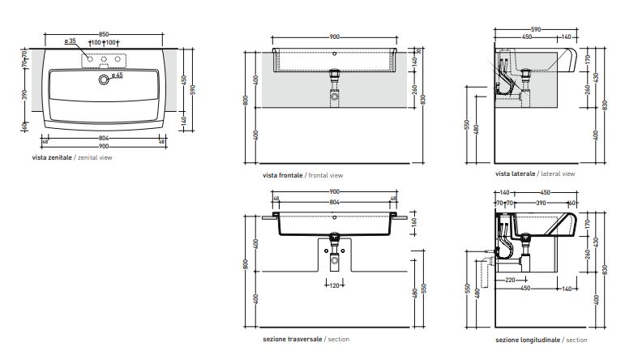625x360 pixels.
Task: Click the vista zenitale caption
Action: coord(72,157)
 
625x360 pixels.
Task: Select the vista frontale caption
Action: coord(302,175)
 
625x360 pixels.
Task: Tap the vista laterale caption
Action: coord(535,174)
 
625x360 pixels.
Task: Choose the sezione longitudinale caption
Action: coord(541,340)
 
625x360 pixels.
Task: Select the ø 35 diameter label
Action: coord(70,41)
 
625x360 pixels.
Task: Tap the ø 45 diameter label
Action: coord(115,75)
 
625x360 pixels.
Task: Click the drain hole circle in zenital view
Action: coord(102,79)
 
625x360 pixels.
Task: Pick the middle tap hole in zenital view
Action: coord(103,59)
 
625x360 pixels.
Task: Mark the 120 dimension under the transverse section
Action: coord(334,285)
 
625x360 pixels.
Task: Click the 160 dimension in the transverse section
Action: coord(414,221)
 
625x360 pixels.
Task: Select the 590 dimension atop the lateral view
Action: coord(536,29)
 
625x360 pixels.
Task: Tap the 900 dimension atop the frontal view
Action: coord(335,36)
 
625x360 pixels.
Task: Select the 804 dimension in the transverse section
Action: coord(335,200)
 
